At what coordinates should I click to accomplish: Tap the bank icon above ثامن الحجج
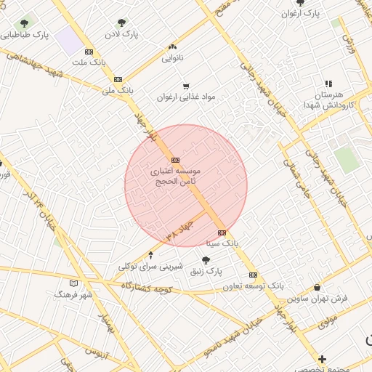point(175,160)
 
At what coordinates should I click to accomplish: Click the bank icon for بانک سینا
point(222,232)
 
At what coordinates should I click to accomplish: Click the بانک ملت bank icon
point(89,52)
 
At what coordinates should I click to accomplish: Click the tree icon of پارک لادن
point(121,23)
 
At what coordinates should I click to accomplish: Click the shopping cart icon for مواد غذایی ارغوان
point(186,85)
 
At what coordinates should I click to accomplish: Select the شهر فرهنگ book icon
point(73,283)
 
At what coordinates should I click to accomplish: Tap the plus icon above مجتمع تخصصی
point(323,359)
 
